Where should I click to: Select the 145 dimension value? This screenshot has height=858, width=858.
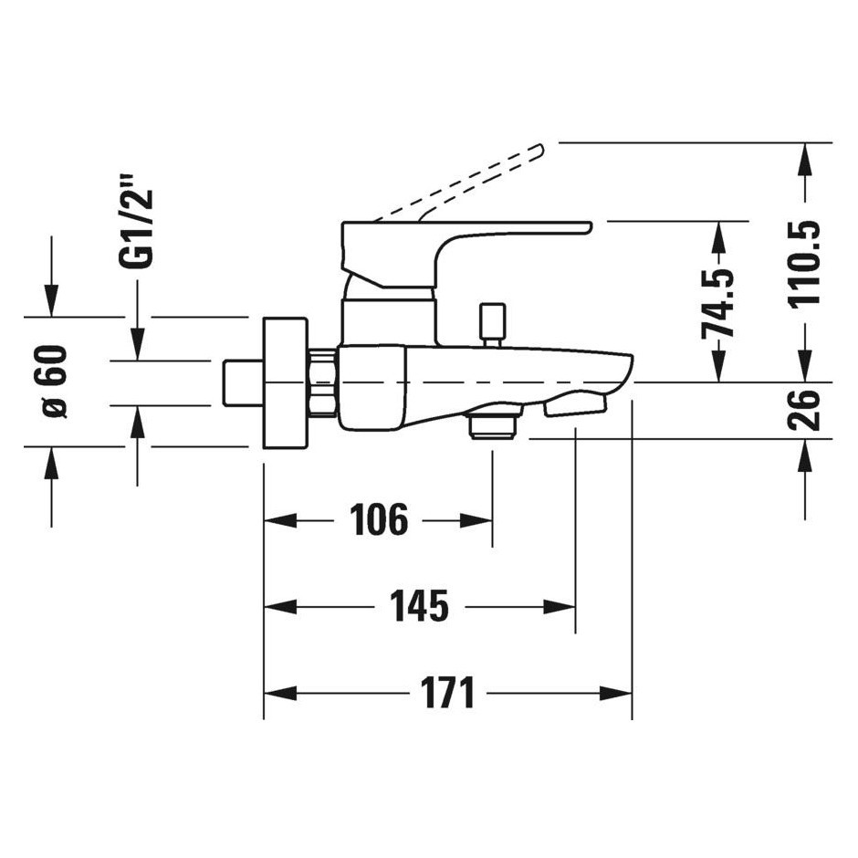pyautogui.click(x=419, y=606)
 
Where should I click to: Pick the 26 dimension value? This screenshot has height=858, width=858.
pyautogui.click(x=805, y=410)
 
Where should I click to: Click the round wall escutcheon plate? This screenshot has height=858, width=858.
pyautogui.click(x=284, y=382)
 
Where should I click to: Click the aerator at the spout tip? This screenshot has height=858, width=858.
pyautogui.click(x=574, y=406)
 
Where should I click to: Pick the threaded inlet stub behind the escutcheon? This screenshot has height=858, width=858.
pyautogui.click(x=242, y=382)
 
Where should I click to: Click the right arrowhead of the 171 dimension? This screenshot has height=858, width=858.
pyautogui.click(x=616, y=694)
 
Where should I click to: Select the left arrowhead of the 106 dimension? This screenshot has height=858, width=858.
pyautogui.click(x=280, y=520)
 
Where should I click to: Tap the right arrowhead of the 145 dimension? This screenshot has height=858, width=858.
pyautogui.click(x=560, y=606)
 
